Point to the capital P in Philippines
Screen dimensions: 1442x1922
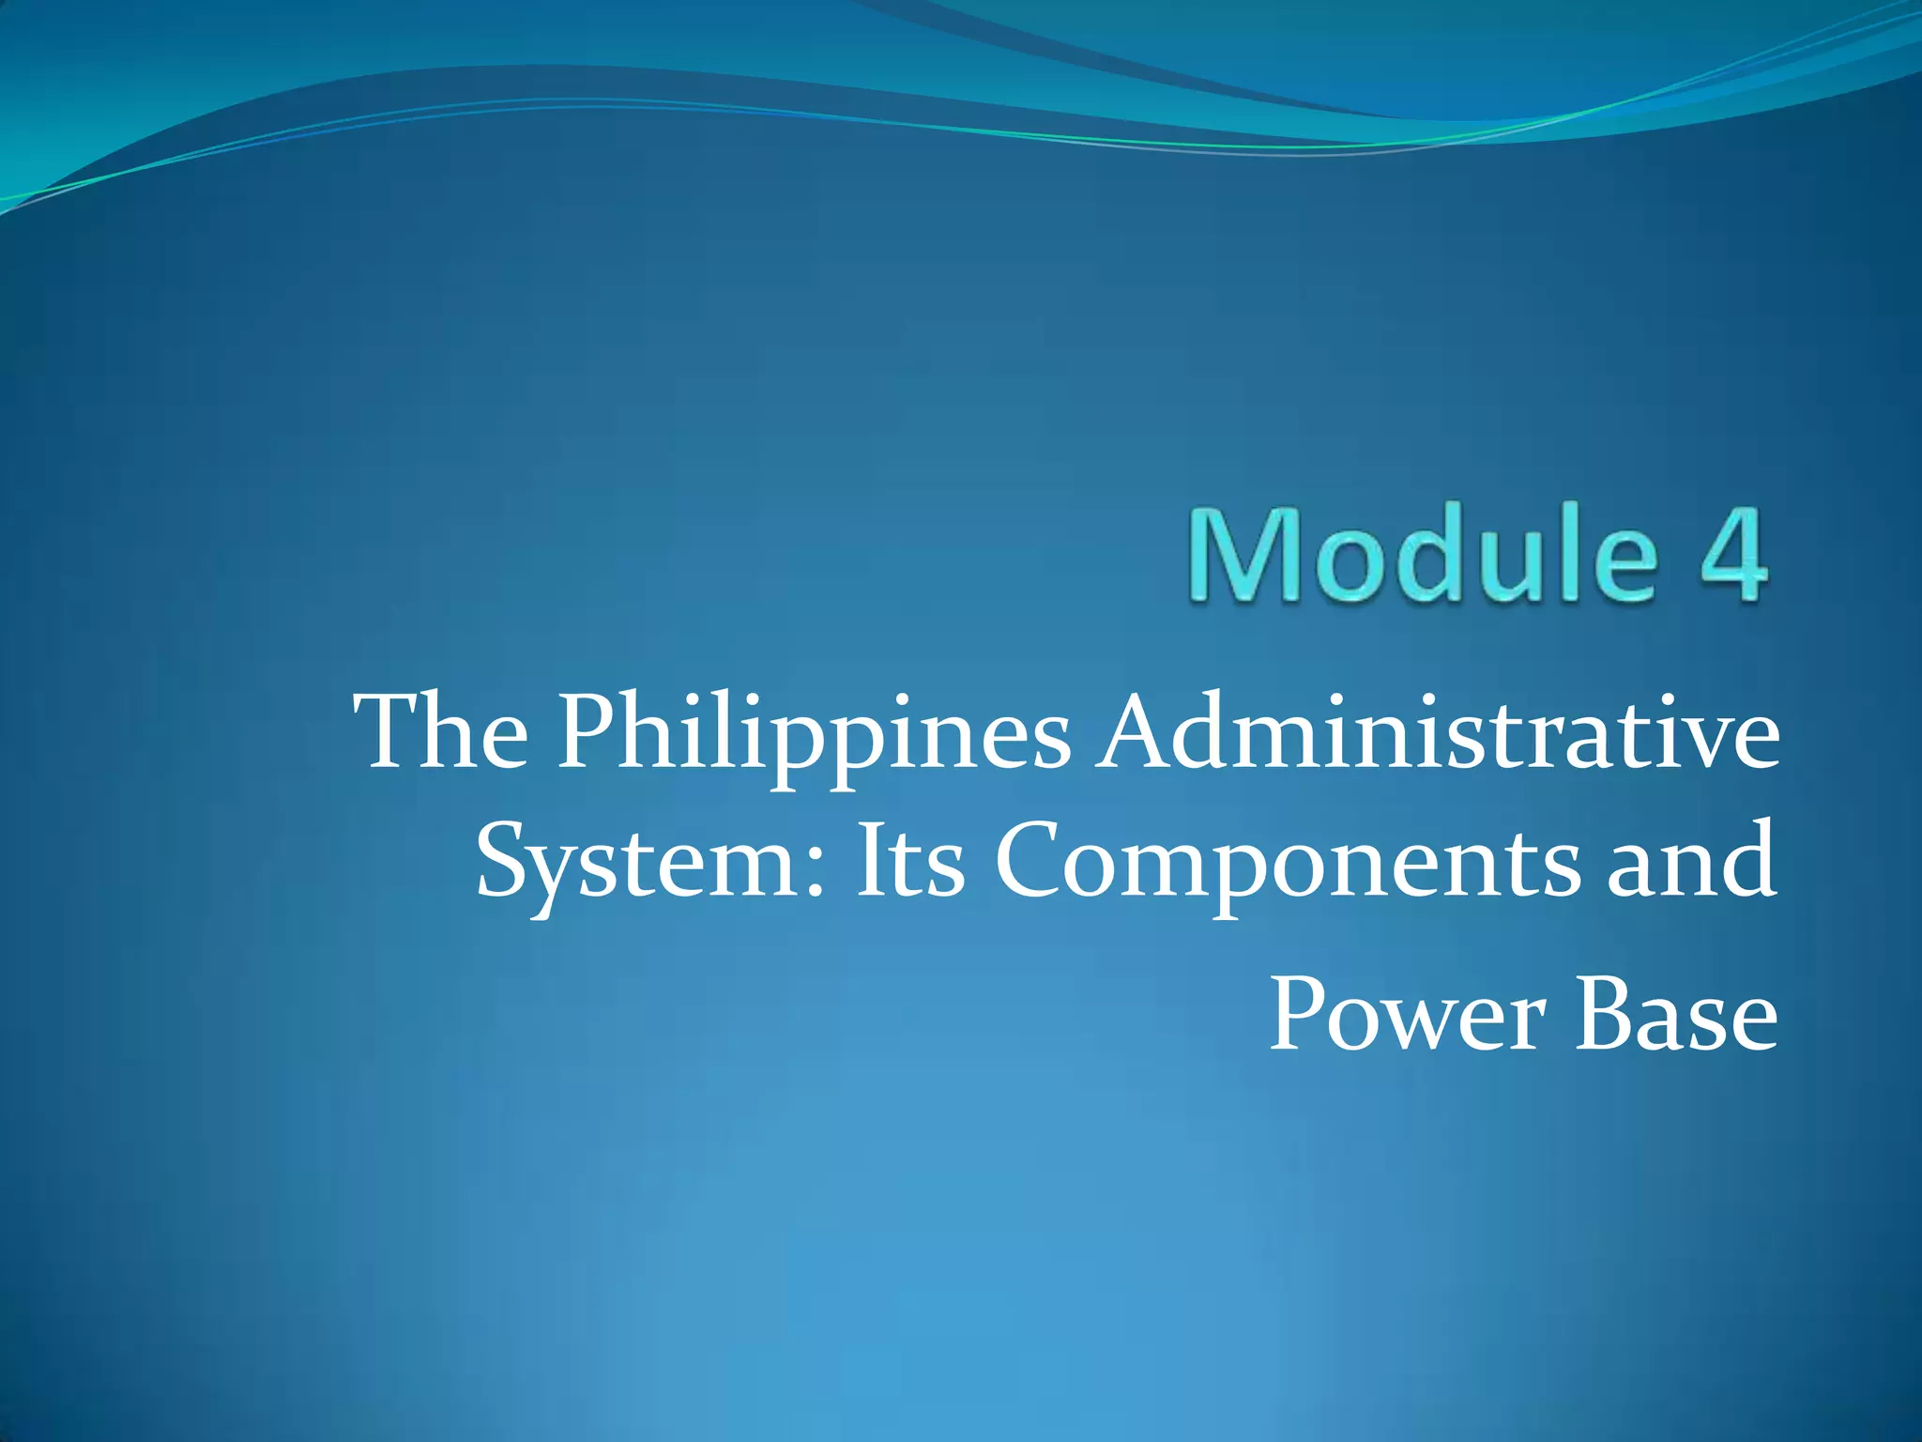coord(588,732)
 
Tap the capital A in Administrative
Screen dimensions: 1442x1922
coord(1139,732)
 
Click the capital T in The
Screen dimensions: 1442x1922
coord(393,732)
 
